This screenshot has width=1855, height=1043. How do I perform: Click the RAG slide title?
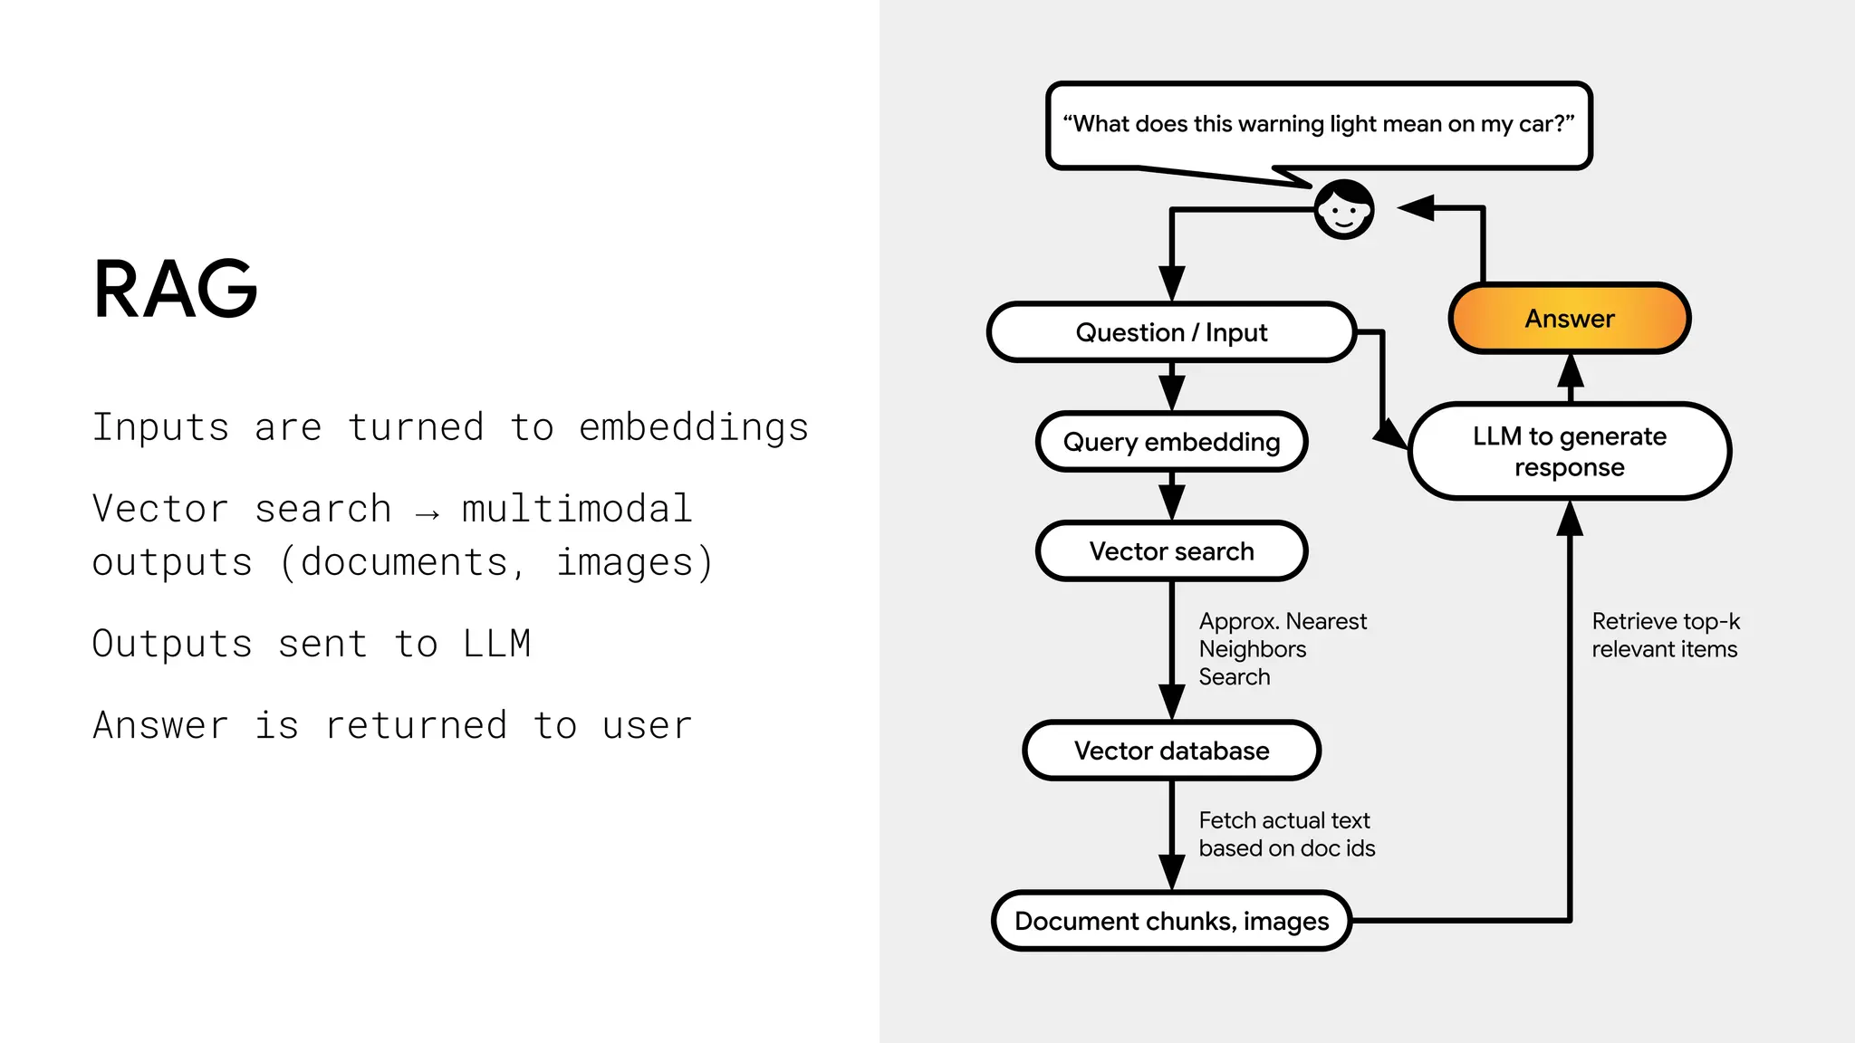pyautogui.click(x=176, y=290)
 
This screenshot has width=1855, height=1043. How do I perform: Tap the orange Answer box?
pyautogui.click(x=1569, y=319)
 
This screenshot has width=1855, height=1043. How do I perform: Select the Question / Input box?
pyautogui.click(x=1171, y=332)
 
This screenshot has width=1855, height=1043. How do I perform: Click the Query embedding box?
pyautogui.click(x=1171, y=442)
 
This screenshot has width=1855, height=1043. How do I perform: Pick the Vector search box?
pyautogui.click(x=1171, y=551)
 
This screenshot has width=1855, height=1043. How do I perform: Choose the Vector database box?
pyautogui.click(x=1171, y=751)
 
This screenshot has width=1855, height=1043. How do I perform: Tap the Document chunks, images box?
pyautogui.click(x=1171, y=921)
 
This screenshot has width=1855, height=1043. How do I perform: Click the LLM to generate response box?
pyautogui.click(x=1569, y=451)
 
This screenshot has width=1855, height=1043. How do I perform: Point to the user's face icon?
pyautogui.click(x=1344, y=210)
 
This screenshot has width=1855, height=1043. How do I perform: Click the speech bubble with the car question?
pyautogui.click(x=1318, y=124)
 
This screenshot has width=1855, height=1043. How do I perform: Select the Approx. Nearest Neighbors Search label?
pyautogui.click(x=1281, y=648)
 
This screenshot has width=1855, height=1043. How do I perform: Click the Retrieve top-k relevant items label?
pyautogui.click(x=1665, y=635)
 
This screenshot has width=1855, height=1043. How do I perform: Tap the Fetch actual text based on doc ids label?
pyautogui.click(x=1286, y=834)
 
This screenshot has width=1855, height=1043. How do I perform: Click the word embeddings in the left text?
pyautogui.click(x=693, y=427)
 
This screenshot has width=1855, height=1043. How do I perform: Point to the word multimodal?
pyautogui.click(x=577, y=509)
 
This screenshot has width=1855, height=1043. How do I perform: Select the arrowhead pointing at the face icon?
pyautogui.click(x=1417, y=208)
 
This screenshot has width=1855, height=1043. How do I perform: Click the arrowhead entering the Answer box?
pyautogui.click(x=1570, y=370)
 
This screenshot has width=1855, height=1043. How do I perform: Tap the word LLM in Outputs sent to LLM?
pyautogui.click(x=496, y=644)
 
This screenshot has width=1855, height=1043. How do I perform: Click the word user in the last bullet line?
pyautogui.click(x=647, y=725)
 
